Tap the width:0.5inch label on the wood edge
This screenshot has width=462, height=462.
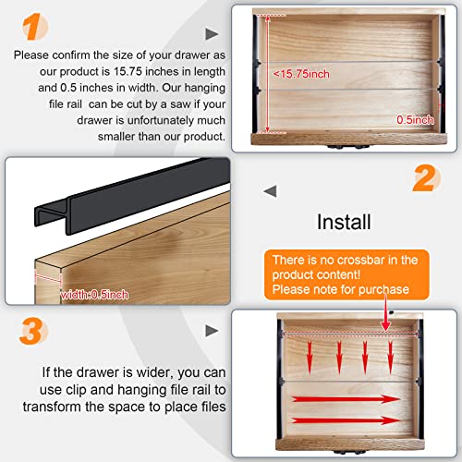click(95, 294)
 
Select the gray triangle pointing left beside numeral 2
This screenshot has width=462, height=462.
click(271, 190)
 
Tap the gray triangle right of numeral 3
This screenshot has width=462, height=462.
click(213, 329)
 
